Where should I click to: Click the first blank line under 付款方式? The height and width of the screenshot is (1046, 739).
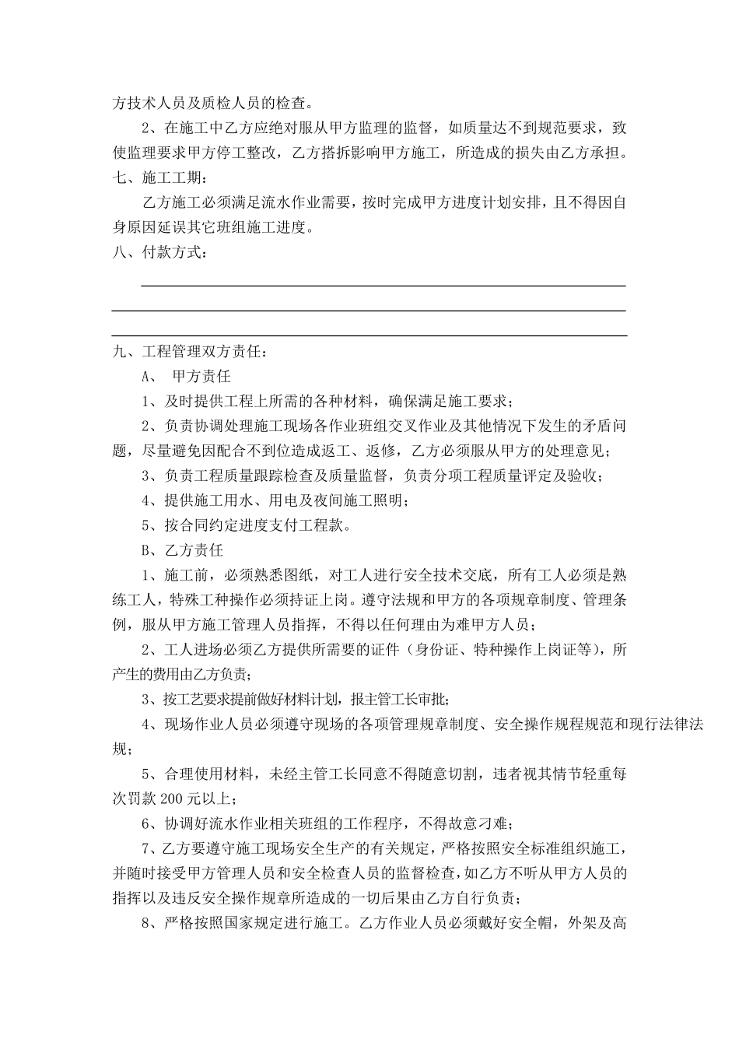(383, 286)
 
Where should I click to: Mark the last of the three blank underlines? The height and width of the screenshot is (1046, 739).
(369, 335)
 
